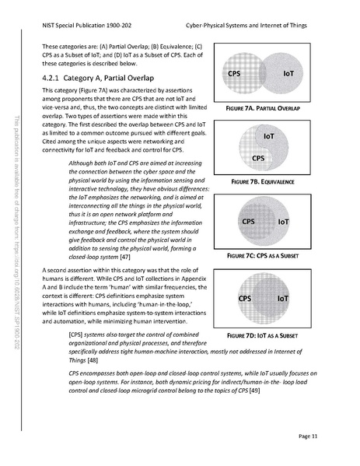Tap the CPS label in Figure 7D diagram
(244, 298)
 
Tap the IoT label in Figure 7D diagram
(282, 298)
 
